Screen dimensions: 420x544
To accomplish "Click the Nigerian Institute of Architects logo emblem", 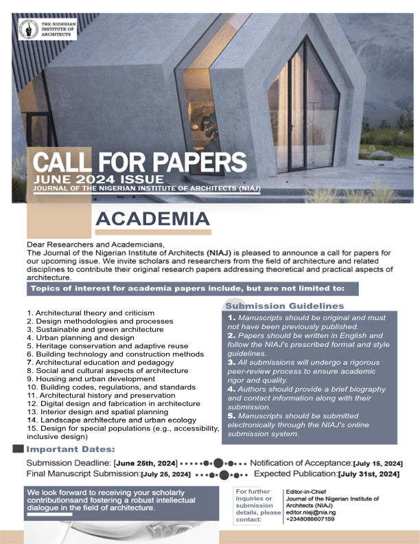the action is coord(29,30).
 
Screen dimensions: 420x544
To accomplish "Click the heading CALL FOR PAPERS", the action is coord(140,162).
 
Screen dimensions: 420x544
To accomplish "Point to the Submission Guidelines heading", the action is coord(285,306).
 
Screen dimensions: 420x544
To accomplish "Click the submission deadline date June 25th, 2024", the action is coord(145,464).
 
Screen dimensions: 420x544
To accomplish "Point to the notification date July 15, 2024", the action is coord(377,464).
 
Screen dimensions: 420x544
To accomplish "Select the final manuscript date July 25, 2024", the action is coord(165,475).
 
